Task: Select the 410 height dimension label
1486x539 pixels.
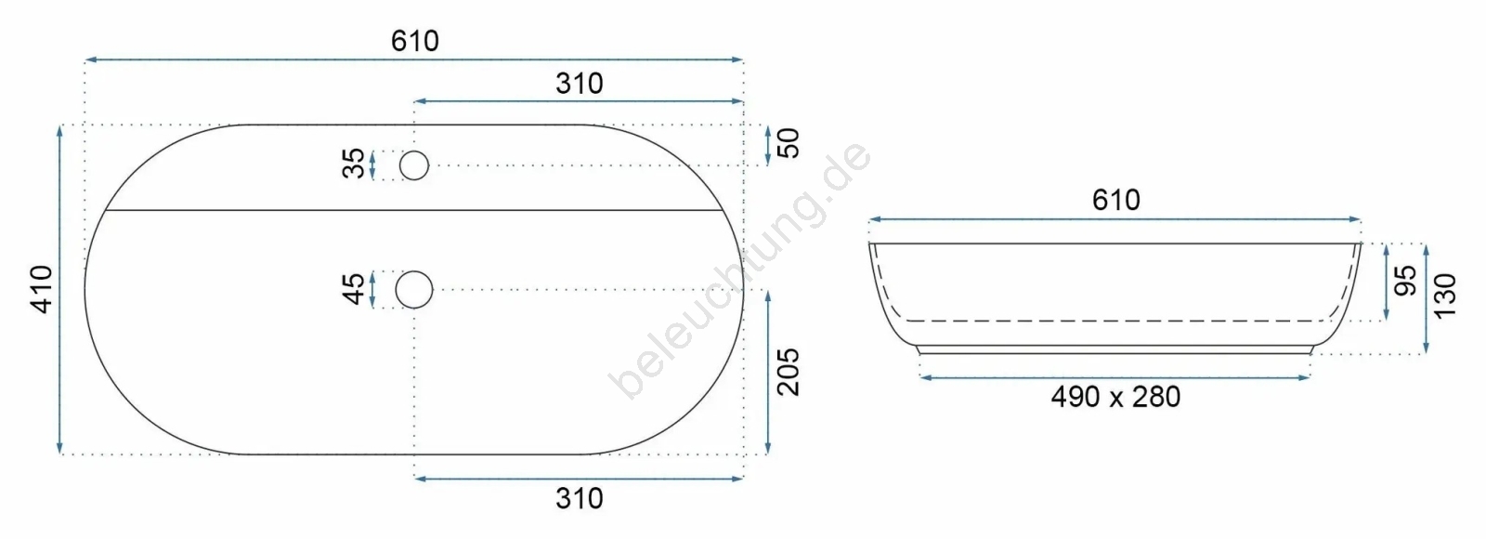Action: tap(43, 289)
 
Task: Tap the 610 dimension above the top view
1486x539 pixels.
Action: tap(414, 41)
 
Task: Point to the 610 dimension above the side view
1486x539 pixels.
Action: tap(1115, 200)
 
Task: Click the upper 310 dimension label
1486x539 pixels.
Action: tap(580, 84)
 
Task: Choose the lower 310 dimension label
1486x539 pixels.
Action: tap(580, 498)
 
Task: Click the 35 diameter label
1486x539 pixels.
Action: tap(354, 164)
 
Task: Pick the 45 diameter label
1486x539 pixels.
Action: tap(354, 289)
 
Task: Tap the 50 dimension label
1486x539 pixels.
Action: tap(789, 143)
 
